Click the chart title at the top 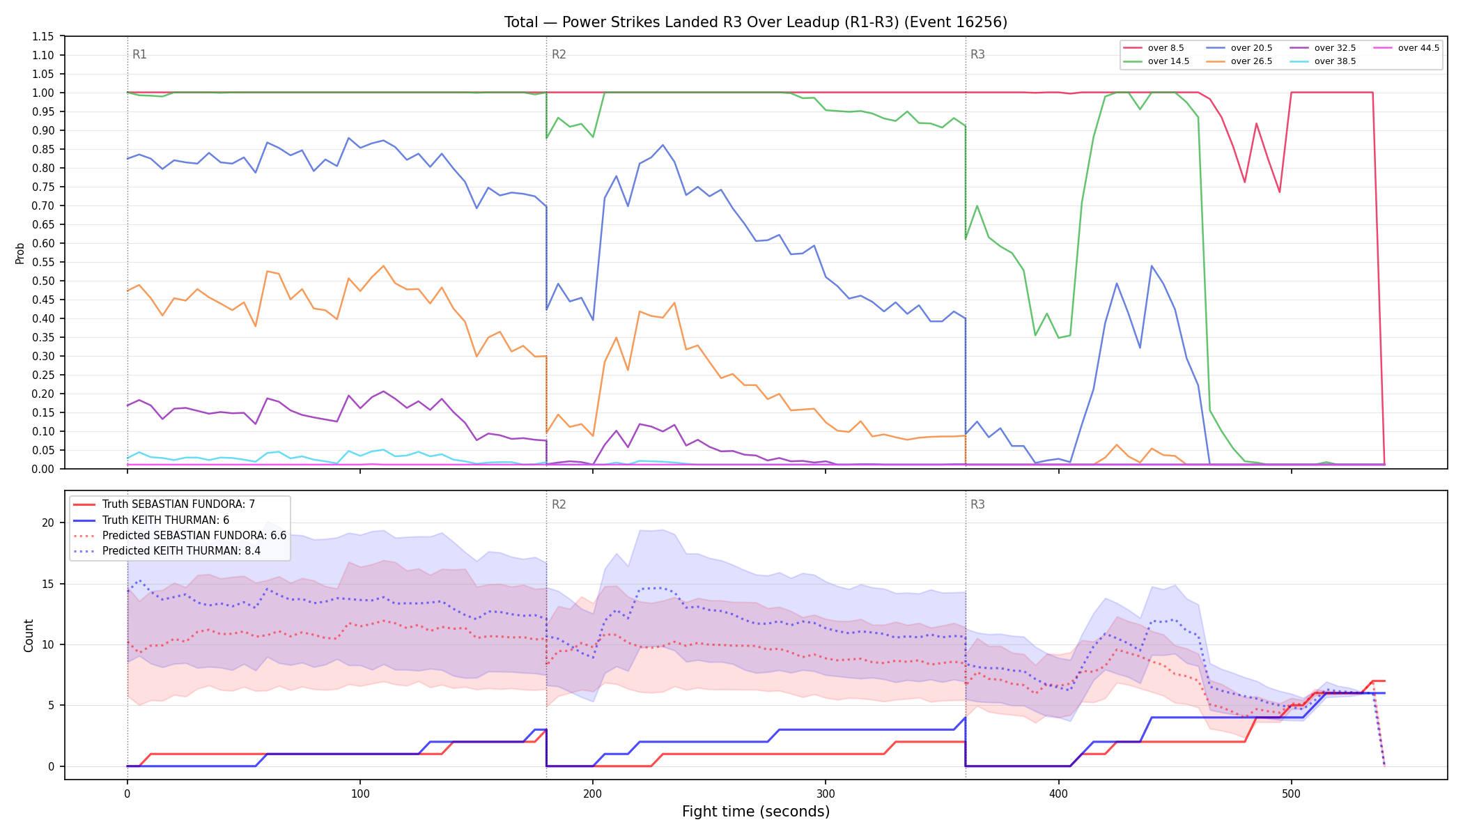(x=756, y=22)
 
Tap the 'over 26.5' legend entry (x=1239, y=61)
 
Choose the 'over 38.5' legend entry (x=1323, y=61)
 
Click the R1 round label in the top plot (x=139, y=54)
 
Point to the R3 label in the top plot (x=977, y=54)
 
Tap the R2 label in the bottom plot (x=559, y=504)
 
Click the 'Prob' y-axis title (x=20, y=253)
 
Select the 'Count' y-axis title (x=29, y=635)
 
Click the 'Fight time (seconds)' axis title (x=756, y=812)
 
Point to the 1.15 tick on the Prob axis (x=43, y=36)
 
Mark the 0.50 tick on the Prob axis (x=43, y=281)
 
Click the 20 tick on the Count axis (x=47, y=522)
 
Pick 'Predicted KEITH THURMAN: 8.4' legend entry (x=181, y=551)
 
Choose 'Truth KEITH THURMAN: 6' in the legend (x=166, y=520)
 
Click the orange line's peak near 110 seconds (x=383, y=265)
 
